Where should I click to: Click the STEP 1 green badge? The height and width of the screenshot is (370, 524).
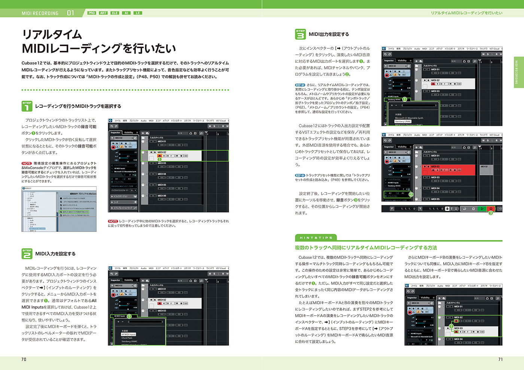coord(27,106)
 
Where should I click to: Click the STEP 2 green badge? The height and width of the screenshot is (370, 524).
coord(27,254)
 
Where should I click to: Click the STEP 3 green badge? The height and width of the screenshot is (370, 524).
coord(301,34)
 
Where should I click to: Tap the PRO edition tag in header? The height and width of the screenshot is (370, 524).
coord(92,13)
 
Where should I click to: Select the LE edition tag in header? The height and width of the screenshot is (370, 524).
coord(138,13)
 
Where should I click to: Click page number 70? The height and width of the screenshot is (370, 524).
coord(24,359)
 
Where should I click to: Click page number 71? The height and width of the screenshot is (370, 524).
coord(500,359)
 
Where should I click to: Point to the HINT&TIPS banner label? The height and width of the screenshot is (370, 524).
coord(316,237)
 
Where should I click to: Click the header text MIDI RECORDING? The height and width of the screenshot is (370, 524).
coord(40,13)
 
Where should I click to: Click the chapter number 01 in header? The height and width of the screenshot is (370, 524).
coord(70,13)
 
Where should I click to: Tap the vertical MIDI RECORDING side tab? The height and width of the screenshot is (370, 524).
coord(518,72)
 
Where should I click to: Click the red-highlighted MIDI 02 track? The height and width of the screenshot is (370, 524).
coord(448,169)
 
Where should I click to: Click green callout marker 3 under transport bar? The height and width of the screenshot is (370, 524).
coord(490,213)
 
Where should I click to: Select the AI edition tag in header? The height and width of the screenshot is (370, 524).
coord(127,13)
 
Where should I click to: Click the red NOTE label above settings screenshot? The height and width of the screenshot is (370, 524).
coord(27,163)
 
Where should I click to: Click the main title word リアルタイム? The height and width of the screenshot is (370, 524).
coord(52,34)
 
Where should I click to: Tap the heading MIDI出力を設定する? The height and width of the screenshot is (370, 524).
coord(329,34)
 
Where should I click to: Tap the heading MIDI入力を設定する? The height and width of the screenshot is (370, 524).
coord(55,254)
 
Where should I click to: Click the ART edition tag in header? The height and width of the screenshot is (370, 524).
coord(103,13)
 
